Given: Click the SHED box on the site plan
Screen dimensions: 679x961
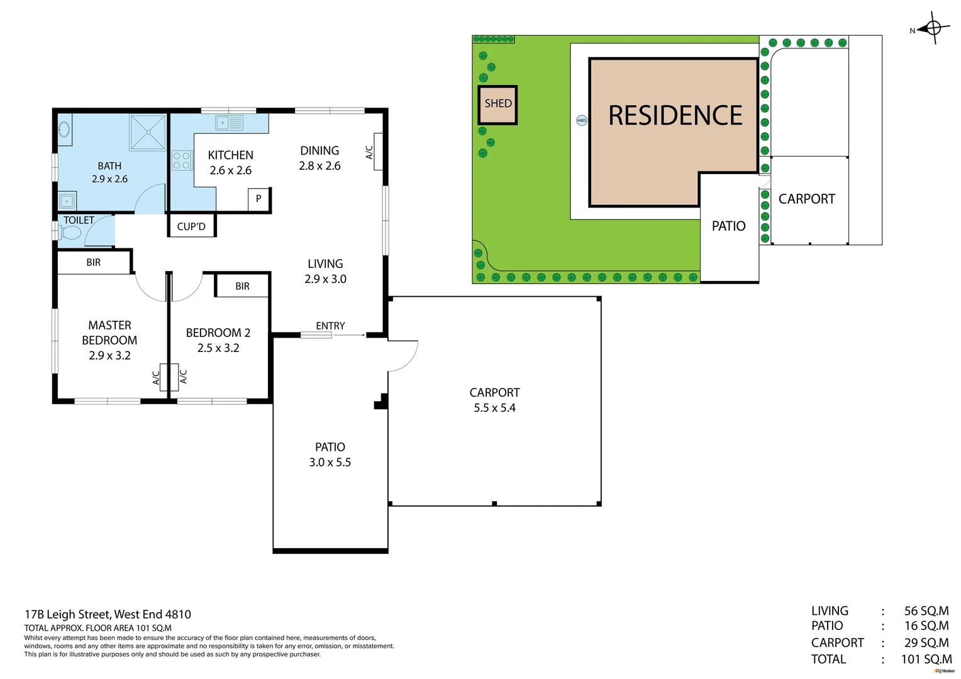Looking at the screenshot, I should coord(497,104).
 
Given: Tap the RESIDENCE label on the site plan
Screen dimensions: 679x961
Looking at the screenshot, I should coord(675,116).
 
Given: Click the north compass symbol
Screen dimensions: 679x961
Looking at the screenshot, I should coord(933,28).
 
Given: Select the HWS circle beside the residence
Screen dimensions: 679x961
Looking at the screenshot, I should coord(582,120).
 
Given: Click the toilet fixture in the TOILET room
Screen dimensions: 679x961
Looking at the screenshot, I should coord(70,233).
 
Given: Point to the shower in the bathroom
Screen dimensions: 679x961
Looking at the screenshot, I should coord(148,132).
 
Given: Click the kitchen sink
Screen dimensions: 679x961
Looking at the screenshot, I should coord(230,123).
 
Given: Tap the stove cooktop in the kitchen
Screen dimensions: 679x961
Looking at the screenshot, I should coord(182,160).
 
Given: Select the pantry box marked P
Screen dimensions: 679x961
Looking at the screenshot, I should coord(258,199).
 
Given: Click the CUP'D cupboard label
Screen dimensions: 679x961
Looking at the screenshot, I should coord(191,226).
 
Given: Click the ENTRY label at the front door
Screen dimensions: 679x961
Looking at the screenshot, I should coord(330,326).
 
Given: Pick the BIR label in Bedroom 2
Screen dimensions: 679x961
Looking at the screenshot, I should coord(242,286).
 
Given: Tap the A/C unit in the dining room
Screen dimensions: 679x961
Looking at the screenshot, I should coord(378,152).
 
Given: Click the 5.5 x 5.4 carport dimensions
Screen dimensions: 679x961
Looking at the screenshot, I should coord(494,408).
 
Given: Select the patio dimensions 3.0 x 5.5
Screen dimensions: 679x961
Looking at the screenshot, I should coord(330,463).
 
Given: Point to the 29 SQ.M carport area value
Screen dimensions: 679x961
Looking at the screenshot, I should coord(926,643).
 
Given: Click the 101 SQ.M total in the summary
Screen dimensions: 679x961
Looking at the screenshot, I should coord(926,659).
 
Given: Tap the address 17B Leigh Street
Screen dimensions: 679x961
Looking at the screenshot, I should coord(108,614).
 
